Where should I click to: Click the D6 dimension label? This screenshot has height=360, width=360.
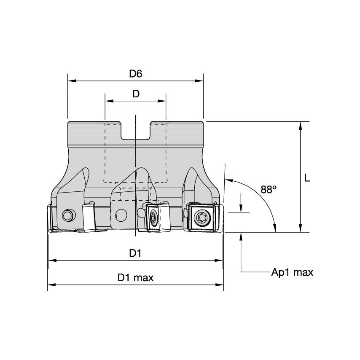click(x=135, y=74)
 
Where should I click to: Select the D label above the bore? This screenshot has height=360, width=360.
click(x=135, y=94)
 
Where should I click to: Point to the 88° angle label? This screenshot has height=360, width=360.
click(x=268, y=190)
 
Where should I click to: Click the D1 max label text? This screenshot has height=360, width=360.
click(x=135, y=278)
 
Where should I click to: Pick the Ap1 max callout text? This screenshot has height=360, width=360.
click(x=292, y=272)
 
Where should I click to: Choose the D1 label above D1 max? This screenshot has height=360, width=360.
click(x=135, y=253)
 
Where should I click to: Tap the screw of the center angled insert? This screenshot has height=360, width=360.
click(x=153, y=218)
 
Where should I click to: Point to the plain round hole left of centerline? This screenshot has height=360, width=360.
click(x=121, y=215)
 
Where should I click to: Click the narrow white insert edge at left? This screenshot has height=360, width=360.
click(x=89, y=218)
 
